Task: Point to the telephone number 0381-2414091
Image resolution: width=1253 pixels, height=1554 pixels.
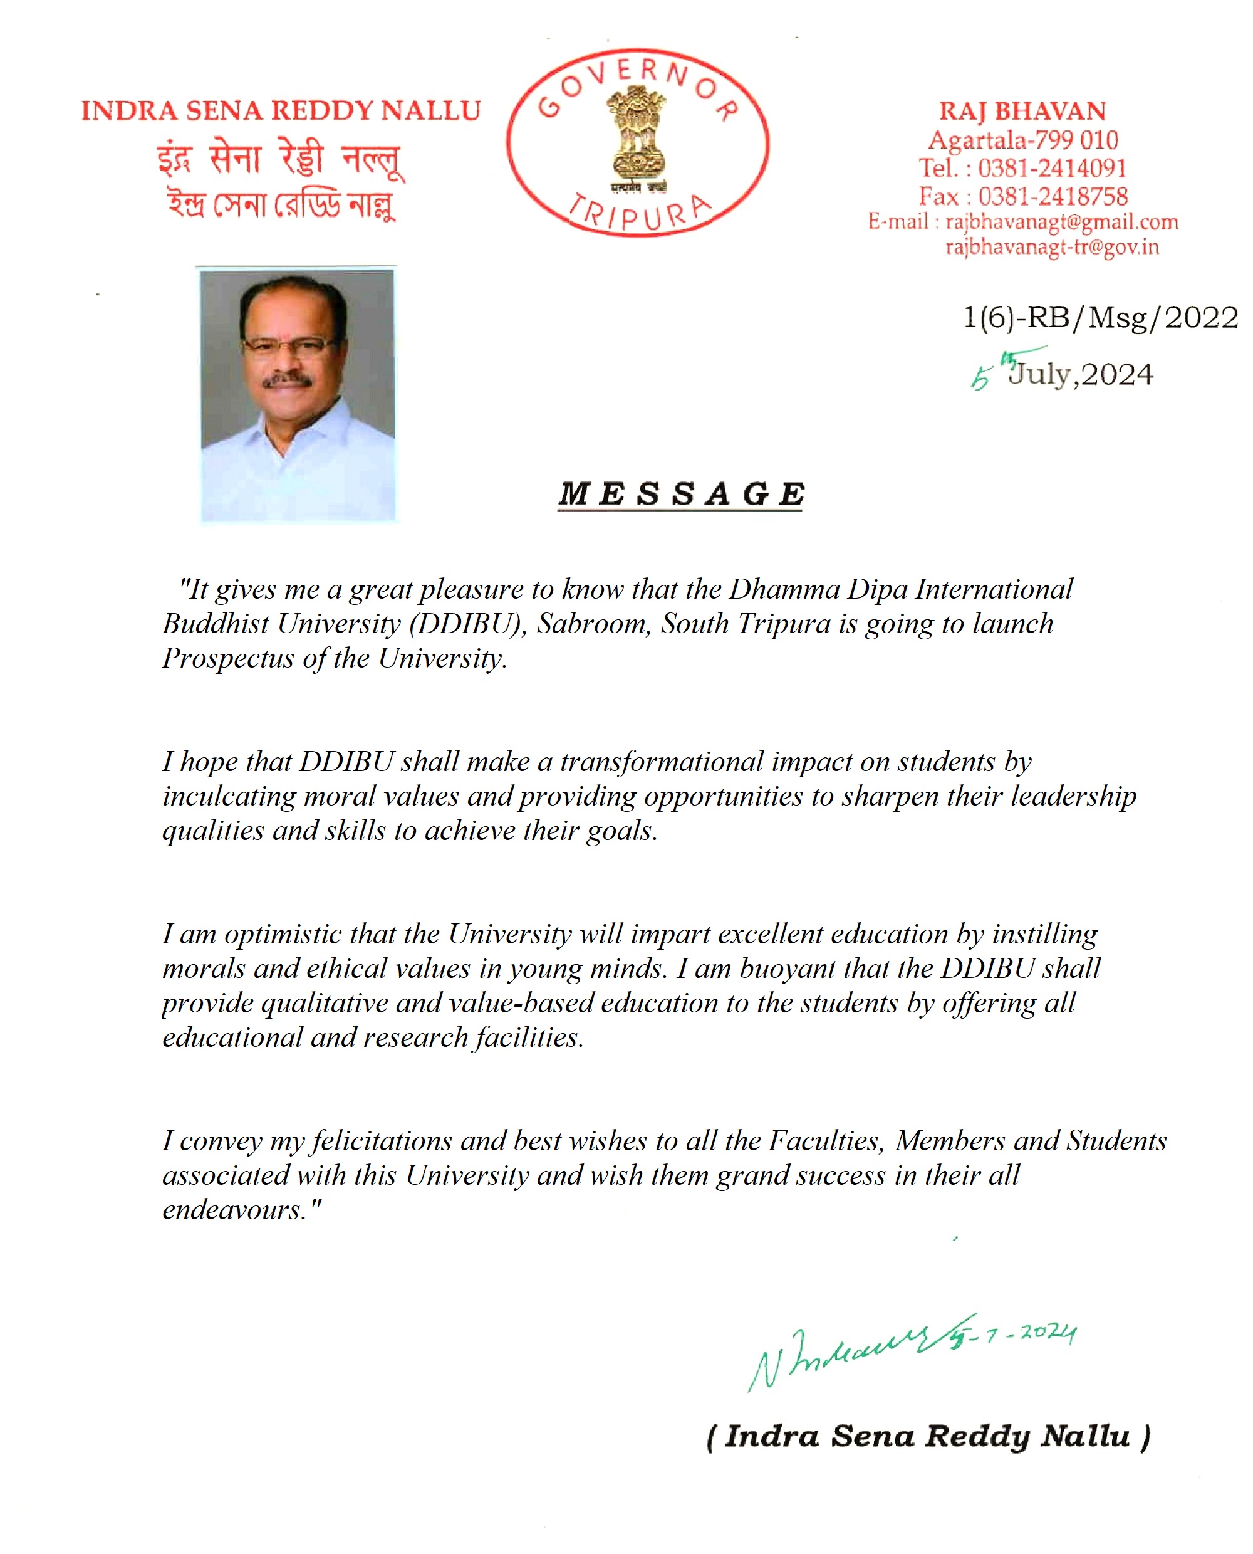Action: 1052,168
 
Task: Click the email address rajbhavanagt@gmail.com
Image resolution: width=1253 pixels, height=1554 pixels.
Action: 1061,222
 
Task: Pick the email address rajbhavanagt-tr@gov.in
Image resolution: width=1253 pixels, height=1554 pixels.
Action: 1052,247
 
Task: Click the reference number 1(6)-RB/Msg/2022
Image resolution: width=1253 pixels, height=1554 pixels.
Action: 1100,318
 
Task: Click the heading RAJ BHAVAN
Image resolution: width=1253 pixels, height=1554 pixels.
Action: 1022,111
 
